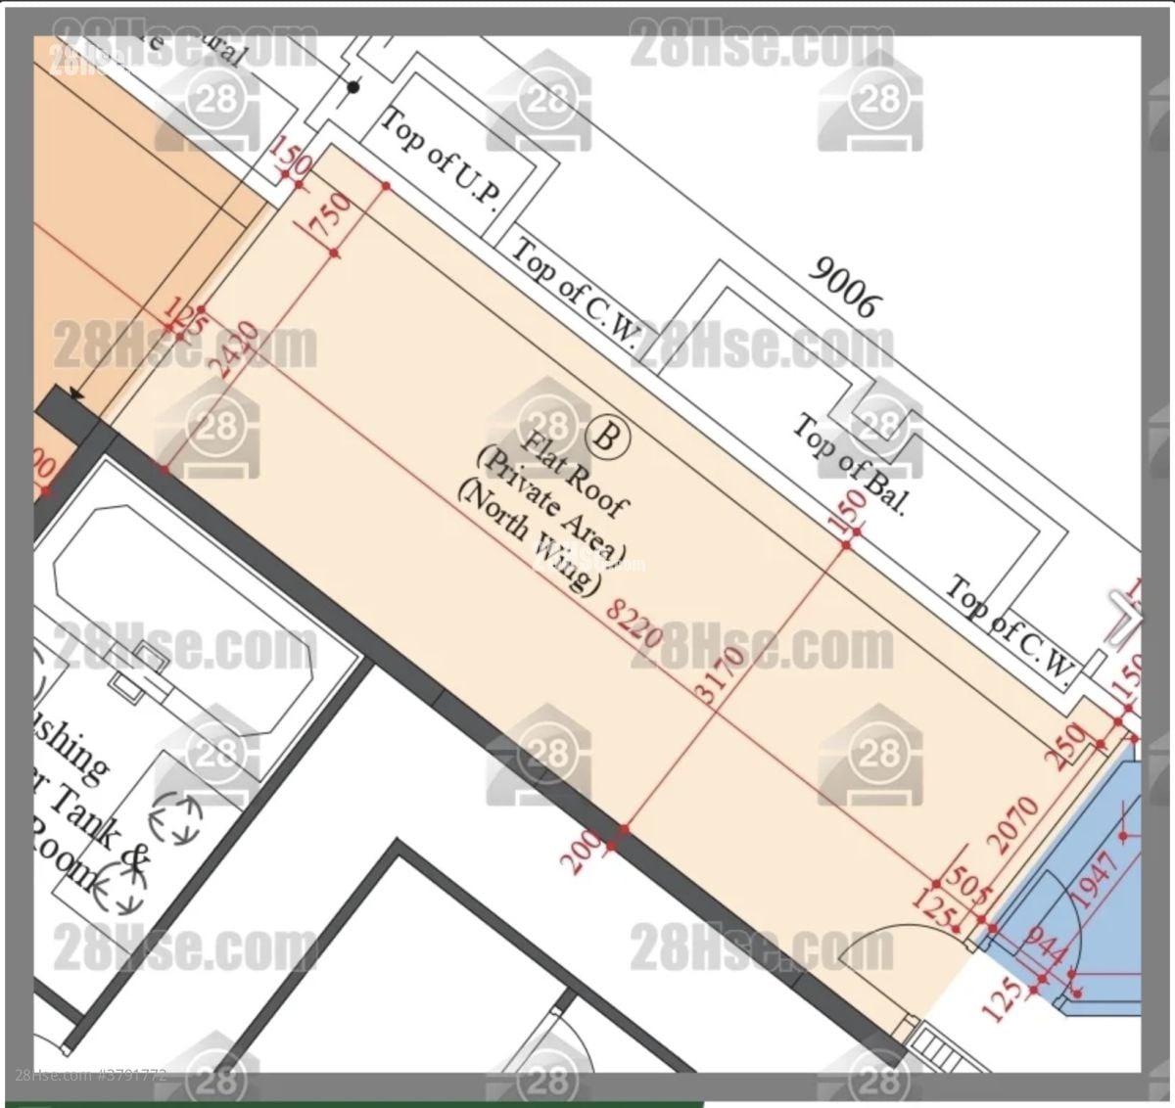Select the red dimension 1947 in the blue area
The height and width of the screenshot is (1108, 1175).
pyautogui.click(x=1094, y=880)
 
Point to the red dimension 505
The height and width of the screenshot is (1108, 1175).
pyautogui.click(x=966, y=887)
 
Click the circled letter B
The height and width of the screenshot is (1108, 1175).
pyautogui.click(x=606, y=437)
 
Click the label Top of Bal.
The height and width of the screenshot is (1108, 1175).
pyautogui.click(x=848, y=465)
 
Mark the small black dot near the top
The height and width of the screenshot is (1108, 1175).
pyautogui.click(x=353, y=87)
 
